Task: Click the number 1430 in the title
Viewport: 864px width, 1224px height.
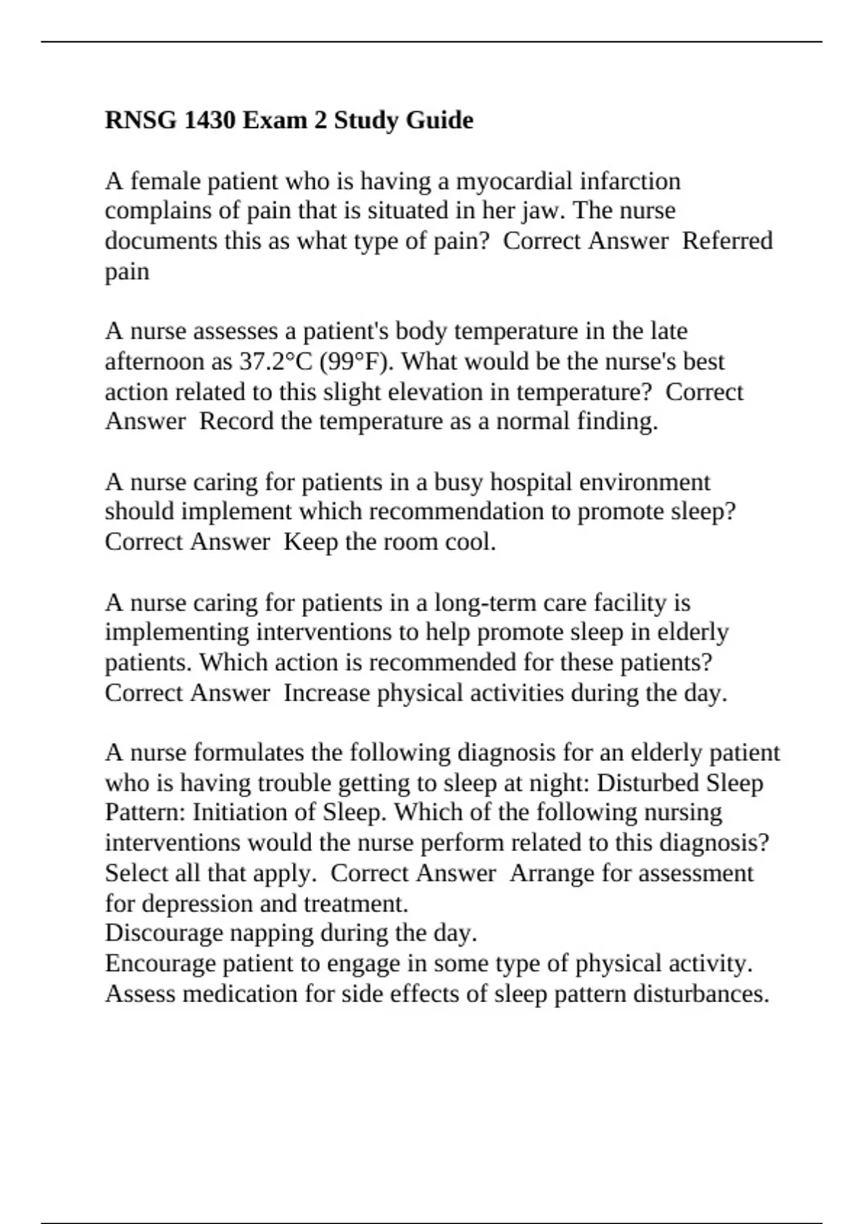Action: pos(210,120)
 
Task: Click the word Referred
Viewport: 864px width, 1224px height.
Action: pos(727,240)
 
